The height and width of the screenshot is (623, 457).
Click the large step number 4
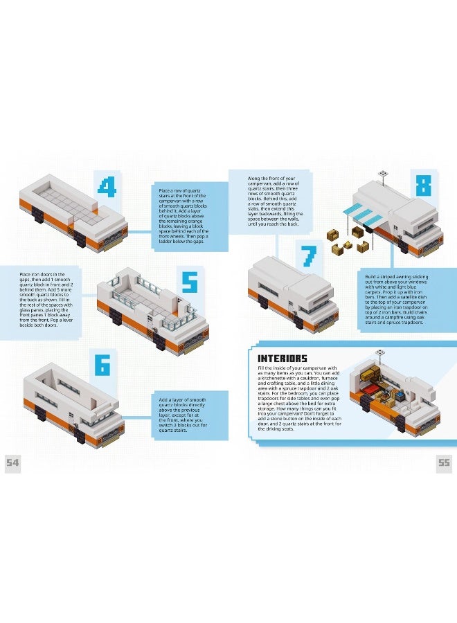click(106, 187)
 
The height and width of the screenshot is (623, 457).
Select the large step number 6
click(102, 364)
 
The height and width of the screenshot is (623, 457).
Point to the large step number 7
click(308, 257)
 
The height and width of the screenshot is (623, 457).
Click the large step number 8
click(423, 186)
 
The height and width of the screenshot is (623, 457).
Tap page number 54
click(12, 463)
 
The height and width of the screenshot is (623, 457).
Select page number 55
click(443, 463)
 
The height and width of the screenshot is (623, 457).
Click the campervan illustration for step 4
click(73, 211)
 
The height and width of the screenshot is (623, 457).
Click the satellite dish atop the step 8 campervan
click(382, 173)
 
